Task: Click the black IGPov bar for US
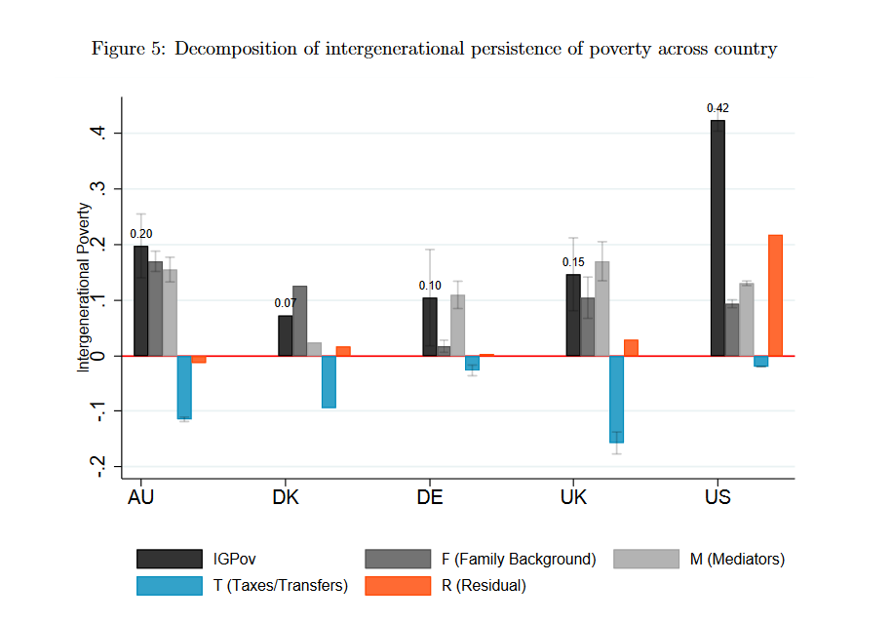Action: click(717, 238)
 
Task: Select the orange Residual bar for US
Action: click(775, 295)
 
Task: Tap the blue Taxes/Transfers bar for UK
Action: click(616, 399)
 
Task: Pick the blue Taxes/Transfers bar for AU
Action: click(184, 387)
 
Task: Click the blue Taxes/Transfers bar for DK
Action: click(329, 381)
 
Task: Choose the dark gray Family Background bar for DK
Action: click(299, 321)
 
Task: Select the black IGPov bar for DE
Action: click(430, 327)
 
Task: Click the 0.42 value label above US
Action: click(717, 108)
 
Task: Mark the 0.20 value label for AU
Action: click(140, 234)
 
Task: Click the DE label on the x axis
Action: click(430, 498)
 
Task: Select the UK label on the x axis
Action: click(574, 498)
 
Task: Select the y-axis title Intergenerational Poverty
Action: click(85, 287)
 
